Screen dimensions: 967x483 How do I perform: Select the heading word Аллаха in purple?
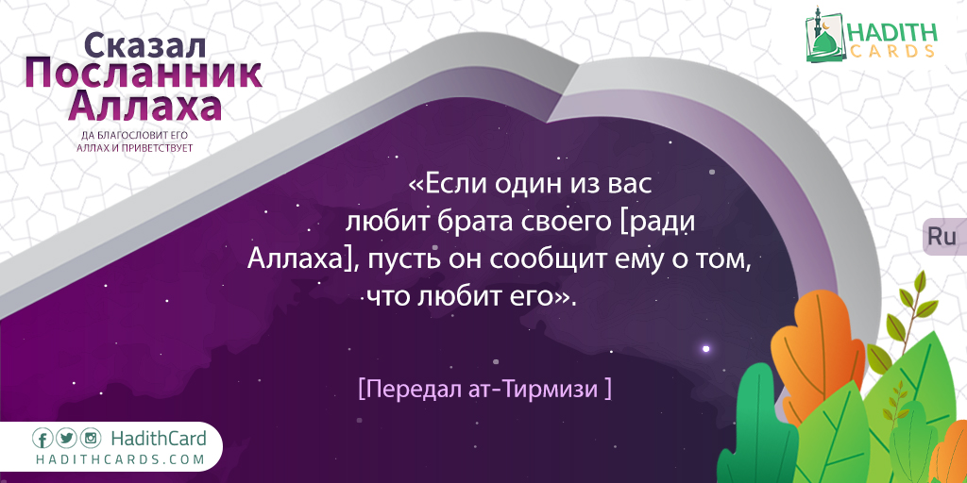(144, 107)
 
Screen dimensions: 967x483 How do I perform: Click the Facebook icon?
(42, 439)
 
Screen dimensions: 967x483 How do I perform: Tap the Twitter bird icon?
(66, 439)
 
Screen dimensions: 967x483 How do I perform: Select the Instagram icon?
(90, 439)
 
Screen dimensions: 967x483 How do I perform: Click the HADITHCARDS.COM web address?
(120, 459)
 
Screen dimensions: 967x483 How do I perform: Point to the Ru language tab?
(942, 237)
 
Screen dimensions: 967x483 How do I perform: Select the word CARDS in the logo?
(891, 51)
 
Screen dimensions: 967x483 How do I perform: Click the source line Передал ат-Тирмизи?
(484, 390)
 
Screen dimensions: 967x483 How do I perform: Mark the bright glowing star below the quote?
(706, 349)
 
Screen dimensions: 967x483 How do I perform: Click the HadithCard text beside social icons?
(159, 439)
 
